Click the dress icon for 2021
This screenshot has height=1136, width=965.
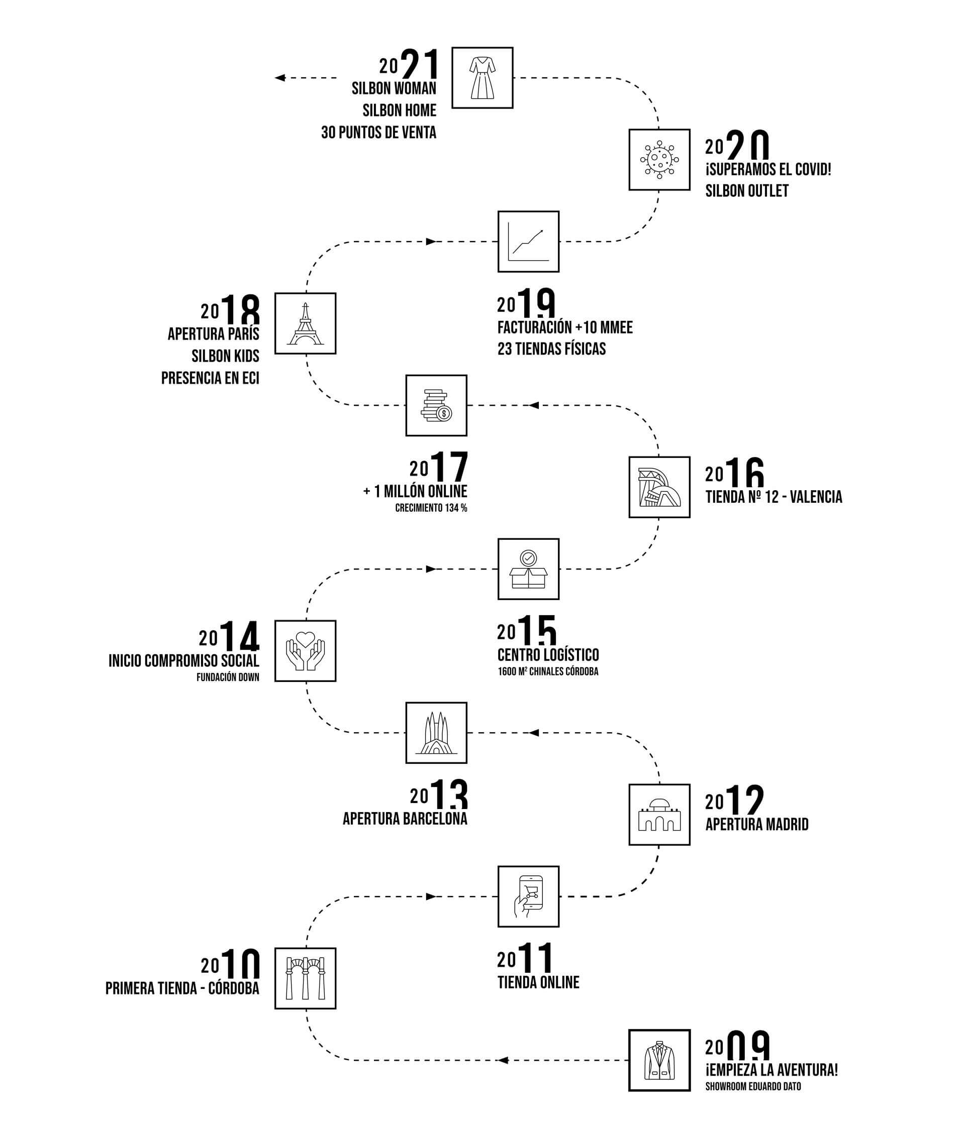pyautogui.click(x=482, y=78)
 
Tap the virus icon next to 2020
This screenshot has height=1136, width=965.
pyautogui.click(x=659, y=160)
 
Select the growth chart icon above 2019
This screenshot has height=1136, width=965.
pyautogui.click(x=528, y=242)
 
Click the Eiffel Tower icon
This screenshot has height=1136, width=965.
pyautogui.click(x=305, y=323)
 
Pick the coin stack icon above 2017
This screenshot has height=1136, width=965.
pyautogui.click(x=436, y=406)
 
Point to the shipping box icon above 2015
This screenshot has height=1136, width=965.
pyautogui.click(x=528, y=569)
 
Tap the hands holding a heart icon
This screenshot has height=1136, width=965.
pyautogui.click(x=305, y=651)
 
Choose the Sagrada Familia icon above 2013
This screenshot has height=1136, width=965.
pyautogui.click(x=436, y=733)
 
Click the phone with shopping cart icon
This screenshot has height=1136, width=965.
pyautogui.click(x=528, y=896)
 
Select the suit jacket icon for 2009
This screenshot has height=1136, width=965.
pyautogui.click(x=659, y=1061)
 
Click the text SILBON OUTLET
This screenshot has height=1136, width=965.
pyautogui.click(x=747, y=191)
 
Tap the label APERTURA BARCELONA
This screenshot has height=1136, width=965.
pyautogui.click(x=405, y=819)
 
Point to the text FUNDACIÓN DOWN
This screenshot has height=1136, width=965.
pyautogui.click(x=228, y=677)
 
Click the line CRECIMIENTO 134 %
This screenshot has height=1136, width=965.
pyautogui.click(x=431, y=508)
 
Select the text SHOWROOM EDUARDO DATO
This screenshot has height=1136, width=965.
pyautogui.click(x=753, y=1086)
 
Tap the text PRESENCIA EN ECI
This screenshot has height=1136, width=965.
pyautogui.click(x=210, y=378)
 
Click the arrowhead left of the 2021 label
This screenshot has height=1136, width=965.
pyautogui.click(x=280, y=78)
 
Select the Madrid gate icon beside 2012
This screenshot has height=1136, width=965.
pyautogui.click(x=659, y=815)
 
